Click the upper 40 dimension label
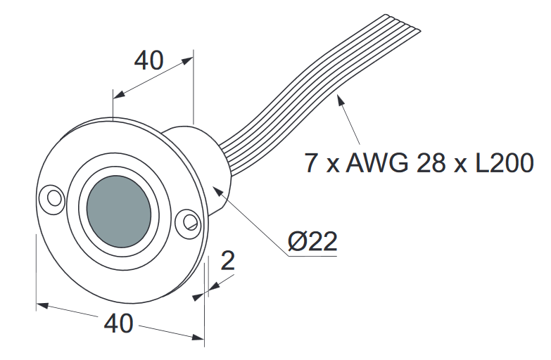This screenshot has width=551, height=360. (148, 61)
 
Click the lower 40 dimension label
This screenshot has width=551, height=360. (119, 323)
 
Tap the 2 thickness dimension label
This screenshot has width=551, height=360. (227, 261)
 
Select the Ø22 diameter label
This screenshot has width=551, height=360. (312, 242)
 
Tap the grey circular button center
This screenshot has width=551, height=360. (119, 209)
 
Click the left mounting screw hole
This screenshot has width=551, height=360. (52, 195)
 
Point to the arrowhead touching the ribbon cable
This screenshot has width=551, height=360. (341, 101)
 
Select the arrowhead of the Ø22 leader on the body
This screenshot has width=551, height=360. (217, 188)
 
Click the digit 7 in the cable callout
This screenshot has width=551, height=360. (311, 162)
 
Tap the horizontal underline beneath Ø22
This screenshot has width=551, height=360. (312, 256)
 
